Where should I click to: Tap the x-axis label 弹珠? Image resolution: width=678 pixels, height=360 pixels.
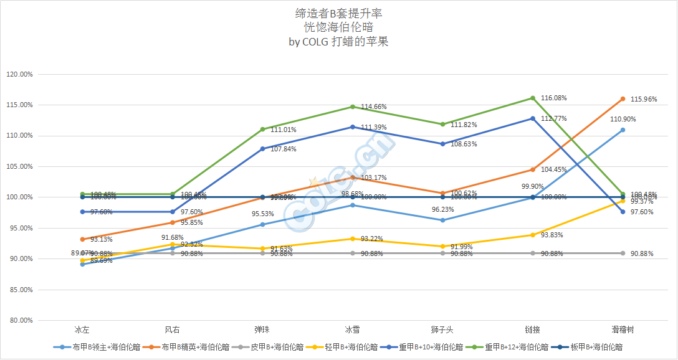click(x=262, y=329)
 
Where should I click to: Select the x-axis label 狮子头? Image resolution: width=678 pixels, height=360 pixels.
click(x=442, y=329)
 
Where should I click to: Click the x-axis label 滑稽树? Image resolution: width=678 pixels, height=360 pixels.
click(x=623, y=329)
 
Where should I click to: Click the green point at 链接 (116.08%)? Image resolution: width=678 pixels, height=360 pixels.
click(x=533, y=98)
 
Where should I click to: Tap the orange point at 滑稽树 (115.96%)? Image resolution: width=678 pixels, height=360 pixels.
click(x=623, y=98)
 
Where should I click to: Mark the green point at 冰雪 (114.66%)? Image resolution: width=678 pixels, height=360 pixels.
click(x=353, y=107)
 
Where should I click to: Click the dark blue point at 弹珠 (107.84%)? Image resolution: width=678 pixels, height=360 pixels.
click(x=262, y=149)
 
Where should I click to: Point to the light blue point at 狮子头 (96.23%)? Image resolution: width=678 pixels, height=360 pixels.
click(x=442, y=220)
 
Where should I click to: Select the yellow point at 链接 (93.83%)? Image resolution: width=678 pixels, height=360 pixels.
click(x=533, y=235)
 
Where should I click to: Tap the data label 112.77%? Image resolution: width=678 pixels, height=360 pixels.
click(x=554, y=118)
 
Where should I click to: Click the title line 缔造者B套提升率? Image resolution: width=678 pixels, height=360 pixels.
click(x=339, y=13)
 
